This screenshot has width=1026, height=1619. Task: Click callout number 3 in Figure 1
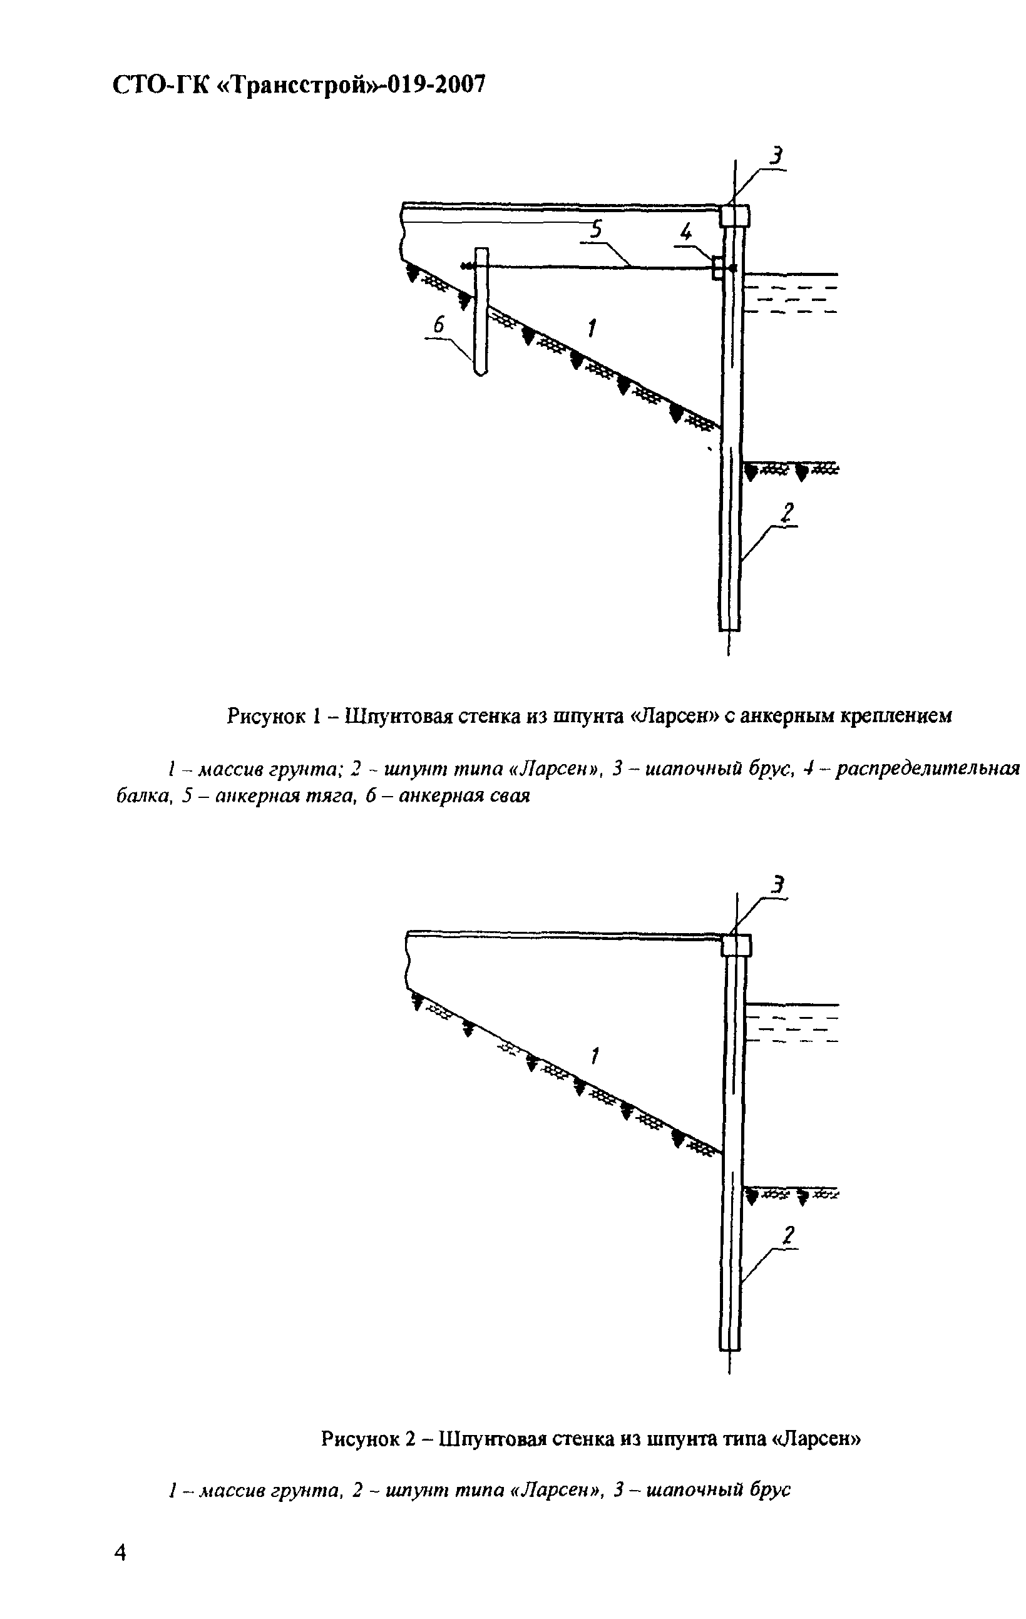[777, 156]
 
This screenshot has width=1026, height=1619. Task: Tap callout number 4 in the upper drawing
[686, 233]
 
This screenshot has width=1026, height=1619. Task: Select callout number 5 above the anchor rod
[596, 230]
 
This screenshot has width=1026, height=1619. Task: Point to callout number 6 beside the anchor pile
[439, 325]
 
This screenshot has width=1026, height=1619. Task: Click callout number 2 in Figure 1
[787, 513]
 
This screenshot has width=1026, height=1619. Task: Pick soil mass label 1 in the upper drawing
[592, 329]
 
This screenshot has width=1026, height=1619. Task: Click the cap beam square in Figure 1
[734, 216]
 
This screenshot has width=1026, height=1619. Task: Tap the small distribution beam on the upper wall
[717, 268]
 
